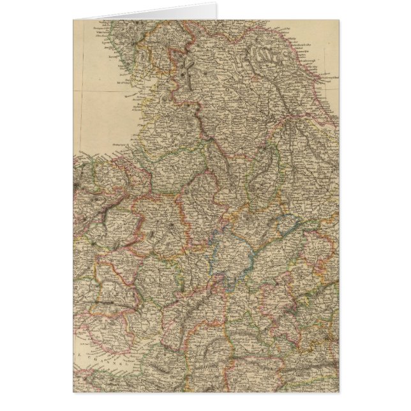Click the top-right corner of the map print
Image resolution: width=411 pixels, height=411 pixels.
click(x=339, y=20)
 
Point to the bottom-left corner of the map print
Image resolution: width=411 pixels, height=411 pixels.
click(x=73, y=391)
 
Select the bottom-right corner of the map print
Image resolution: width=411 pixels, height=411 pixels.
click(x=339, y=391)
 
